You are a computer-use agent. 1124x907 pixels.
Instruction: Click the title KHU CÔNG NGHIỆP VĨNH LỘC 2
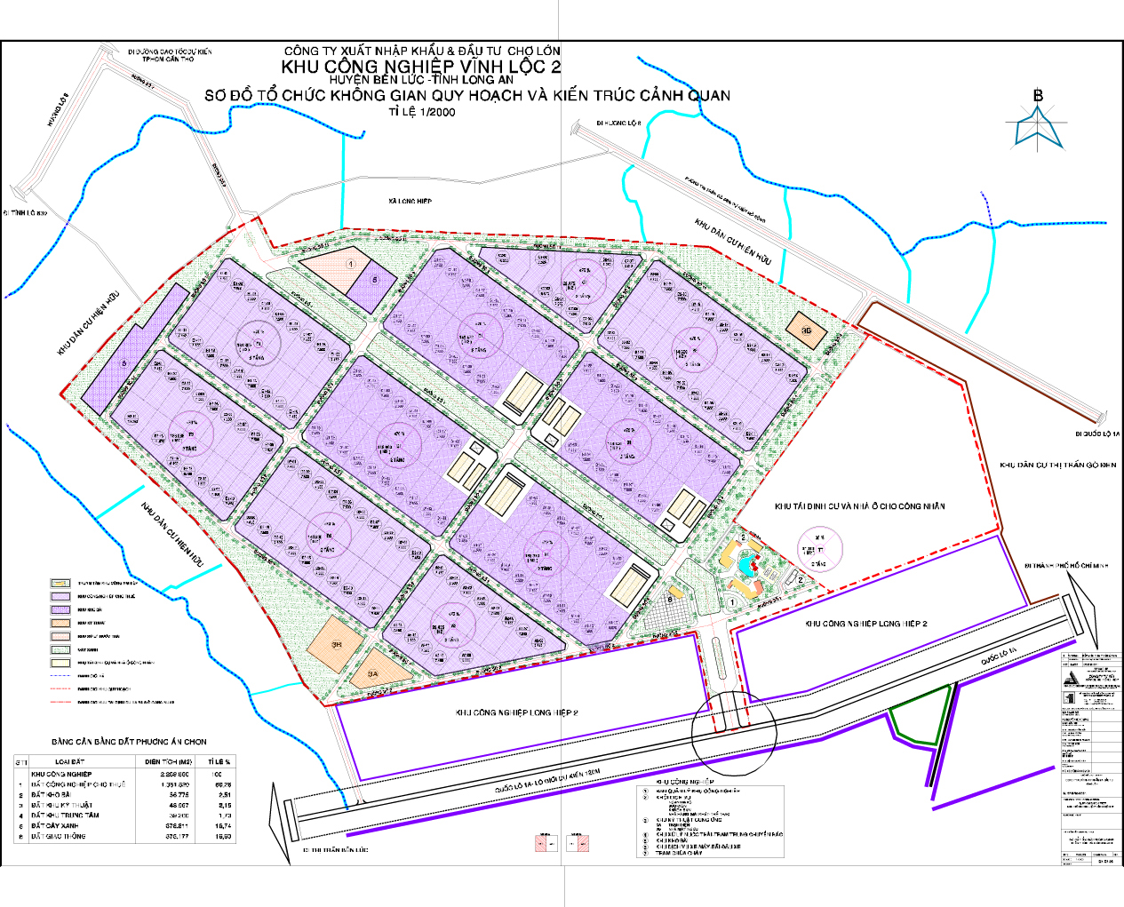point(421,67)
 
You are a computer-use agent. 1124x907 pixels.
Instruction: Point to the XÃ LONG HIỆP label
point(410,202)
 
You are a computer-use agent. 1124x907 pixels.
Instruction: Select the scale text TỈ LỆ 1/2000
point(421,113)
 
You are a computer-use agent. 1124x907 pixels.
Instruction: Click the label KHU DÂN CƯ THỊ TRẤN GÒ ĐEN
point(1057,465)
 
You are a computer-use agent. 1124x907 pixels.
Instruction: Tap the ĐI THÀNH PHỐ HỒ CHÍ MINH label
point(1067,565)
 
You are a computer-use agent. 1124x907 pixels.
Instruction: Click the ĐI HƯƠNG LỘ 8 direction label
point(618,123)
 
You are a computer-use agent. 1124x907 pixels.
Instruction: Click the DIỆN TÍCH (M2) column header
point(169,761)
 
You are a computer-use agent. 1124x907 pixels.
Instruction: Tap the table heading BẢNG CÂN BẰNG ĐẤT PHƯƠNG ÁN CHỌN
point(129,741)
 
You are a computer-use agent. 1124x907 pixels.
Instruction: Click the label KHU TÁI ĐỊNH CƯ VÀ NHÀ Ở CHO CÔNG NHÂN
point(859,506)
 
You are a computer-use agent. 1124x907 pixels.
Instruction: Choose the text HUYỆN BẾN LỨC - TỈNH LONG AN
point(421,80)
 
